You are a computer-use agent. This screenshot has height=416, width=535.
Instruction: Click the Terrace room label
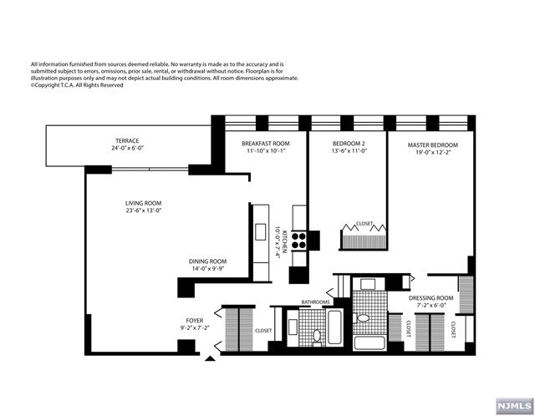tap(127, 141)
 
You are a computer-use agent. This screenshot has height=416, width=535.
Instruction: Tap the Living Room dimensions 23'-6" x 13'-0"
tap(143, 211)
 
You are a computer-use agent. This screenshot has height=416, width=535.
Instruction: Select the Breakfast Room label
tap(266, 144)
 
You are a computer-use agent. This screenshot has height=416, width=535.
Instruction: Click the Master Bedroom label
tap(433, 145)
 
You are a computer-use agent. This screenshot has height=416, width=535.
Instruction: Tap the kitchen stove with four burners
tap(299, 240)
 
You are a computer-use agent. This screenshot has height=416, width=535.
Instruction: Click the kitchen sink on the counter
tap(261, 232)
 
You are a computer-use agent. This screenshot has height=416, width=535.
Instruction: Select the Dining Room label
tap(208, 261)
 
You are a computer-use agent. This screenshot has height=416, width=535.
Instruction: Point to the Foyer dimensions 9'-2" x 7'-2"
tap(195, 327)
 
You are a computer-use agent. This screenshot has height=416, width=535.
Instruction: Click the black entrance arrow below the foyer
tap(210, 358)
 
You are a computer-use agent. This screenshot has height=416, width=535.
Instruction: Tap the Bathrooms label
tap(316, 302)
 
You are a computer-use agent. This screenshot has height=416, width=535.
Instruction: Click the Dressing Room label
tap(431, 298)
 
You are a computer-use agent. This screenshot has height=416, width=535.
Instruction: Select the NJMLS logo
tap(515, 406)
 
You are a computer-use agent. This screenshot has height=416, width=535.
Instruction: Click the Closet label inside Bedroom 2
tap(364, 224)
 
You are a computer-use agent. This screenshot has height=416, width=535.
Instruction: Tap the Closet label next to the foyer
tap(263, 331)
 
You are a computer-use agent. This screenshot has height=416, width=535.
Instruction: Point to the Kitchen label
tap(284, 242)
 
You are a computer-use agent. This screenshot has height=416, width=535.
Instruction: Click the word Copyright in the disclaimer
tap(47, 85)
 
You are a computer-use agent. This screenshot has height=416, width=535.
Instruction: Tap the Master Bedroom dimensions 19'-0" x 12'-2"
tap(433, 152)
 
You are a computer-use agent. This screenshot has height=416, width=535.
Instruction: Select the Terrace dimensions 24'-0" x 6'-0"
tap(128, 149)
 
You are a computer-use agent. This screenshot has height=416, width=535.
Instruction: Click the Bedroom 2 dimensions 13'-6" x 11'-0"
tap(349, 151)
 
